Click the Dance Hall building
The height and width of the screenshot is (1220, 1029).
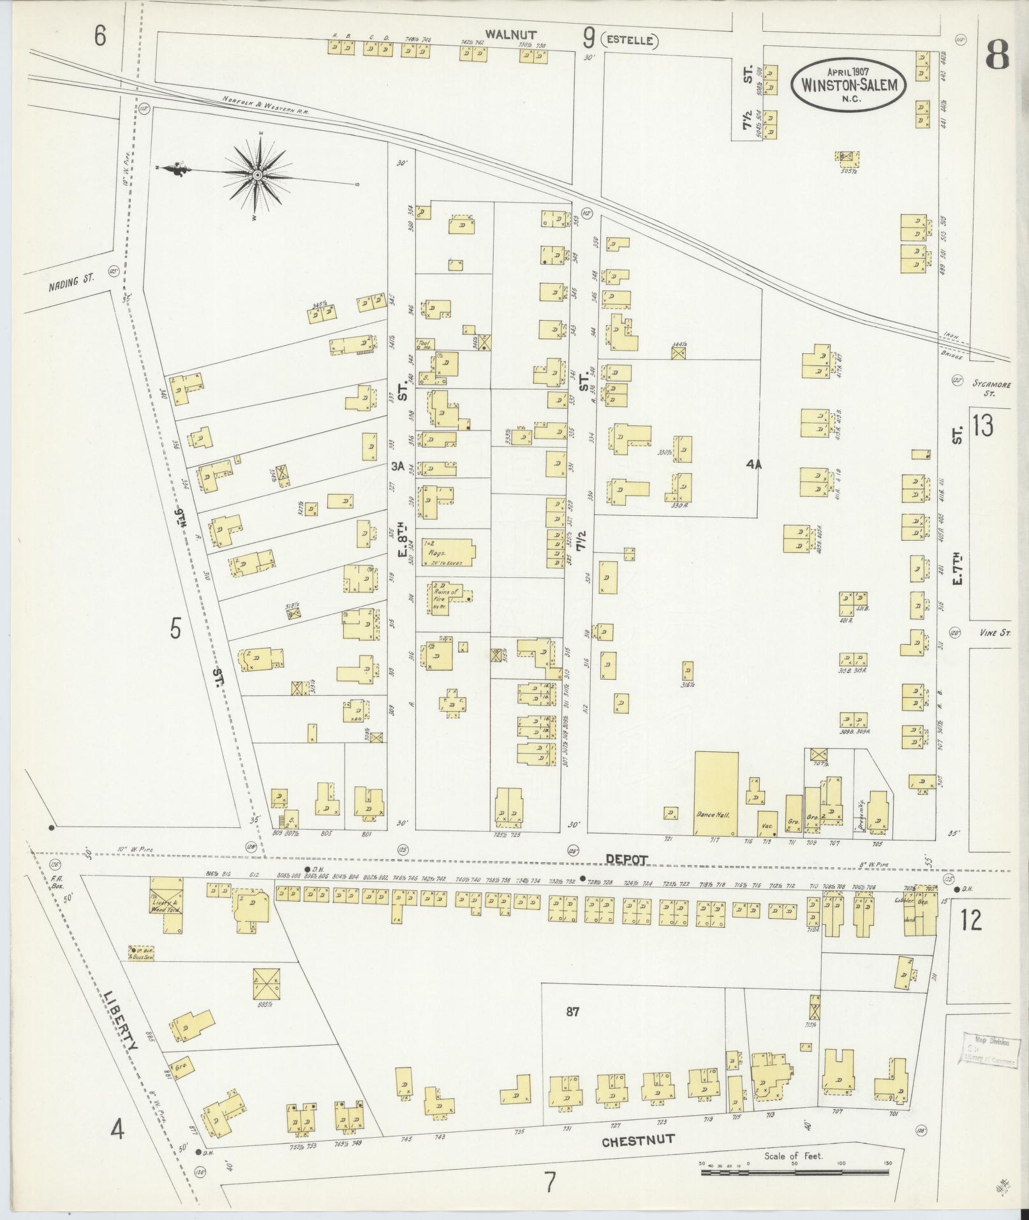(x=716, y=793)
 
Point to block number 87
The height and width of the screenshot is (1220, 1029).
(x=572, y=1011)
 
